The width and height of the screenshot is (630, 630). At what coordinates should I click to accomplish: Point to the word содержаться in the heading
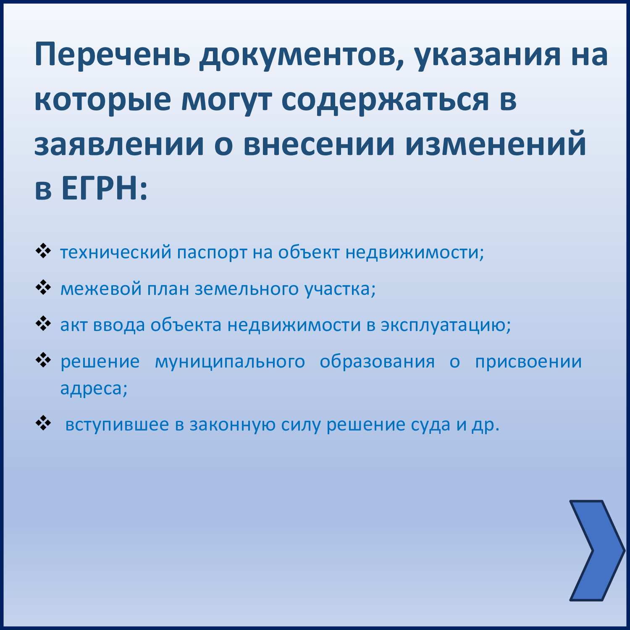[385, 101]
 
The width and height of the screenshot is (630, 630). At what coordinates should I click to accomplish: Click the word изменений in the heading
[495, 144]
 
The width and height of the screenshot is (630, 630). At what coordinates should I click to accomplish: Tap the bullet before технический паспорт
[43, 251]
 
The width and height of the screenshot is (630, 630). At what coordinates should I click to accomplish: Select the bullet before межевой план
[43, 288]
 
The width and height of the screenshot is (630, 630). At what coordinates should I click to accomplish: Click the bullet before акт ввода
[43, 324]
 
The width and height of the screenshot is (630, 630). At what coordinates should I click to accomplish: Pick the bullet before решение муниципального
[43, 360]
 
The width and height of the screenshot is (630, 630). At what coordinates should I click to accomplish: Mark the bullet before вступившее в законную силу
[43, 423]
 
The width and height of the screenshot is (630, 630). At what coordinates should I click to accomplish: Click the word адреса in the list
[94, 389]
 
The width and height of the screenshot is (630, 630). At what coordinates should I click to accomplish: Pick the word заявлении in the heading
[119, 144]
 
